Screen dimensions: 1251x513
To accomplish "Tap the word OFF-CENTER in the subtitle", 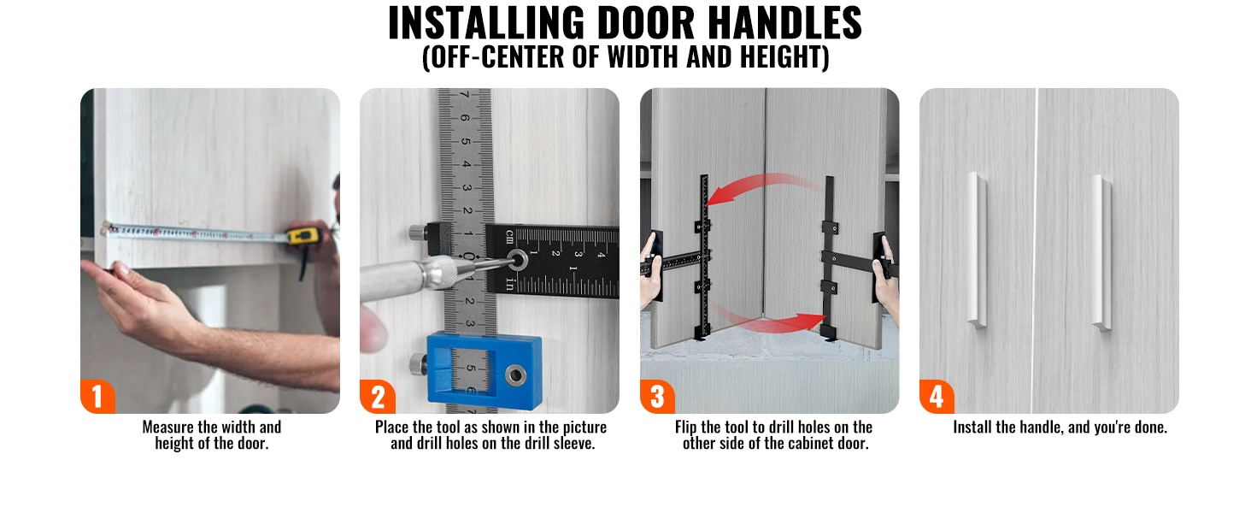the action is click(x=498, y=56).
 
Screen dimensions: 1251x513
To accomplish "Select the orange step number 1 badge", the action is click(x=97, y=396).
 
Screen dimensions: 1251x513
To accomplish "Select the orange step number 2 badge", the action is click(x=378, y=396).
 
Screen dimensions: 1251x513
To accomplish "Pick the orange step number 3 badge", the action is click(x=657, y=396).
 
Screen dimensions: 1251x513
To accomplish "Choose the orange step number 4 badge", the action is click(x=937, y=396).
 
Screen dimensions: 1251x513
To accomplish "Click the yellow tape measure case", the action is click(x=304, y=236).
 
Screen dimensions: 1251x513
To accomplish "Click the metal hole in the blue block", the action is click(x=515, y=374).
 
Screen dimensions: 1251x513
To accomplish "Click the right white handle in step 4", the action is click(x=1101, y=252).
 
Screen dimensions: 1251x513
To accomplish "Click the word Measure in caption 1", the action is click(x=168, y=427).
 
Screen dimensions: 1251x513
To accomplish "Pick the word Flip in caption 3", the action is click(x=686, y=427).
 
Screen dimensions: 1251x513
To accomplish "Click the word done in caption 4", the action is click(x=1151, y=427).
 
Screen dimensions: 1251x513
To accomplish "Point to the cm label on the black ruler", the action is click(x=509, y=236).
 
